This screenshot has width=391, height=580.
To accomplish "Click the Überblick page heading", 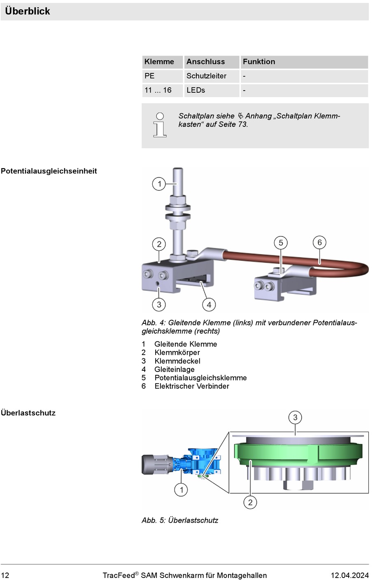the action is click(x=28, y=11).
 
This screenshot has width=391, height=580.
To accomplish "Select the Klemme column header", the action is click(x=159, y=62).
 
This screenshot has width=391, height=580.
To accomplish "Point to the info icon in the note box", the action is click(x=160, y=125).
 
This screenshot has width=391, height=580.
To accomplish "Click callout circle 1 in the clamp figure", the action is click(x=159, y=184).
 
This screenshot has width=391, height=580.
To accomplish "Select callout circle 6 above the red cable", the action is click(x=319, y=242).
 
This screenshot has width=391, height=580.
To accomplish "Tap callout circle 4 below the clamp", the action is click(x=209, y=305).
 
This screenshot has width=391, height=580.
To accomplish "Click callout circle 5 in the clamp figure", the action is click(x=281, y=243).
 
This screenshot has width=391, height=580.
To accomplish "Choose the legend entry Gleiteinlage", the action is click(x=175, y=369).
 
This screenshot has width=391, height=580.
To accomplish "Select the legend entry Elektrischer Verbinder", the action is click(x=192, y=386).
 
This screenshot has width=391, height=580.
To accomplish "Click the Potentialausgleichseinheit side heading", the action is click(x=49, y=171).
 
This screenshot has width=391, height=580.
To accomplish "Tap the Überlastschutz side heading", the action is click(x=28, y=413).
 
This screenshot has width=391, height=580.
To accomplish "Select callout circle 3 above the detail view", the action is click(x=295, y=417).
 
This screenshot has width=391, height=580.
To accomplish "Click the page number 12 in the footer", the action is click(x=5, y=575).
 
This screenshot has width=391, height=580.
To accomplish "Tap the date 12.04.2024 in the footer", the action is click(x=349, y=575).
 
